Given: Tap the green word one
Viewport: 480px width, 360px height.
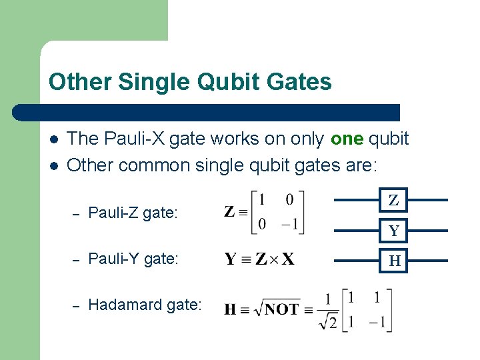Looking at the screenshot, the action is pyautogui.click(x=346, y=139).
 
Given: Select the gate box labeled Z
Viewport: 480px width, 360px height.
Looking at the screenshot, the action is pyautogui.click(x=394, y=200).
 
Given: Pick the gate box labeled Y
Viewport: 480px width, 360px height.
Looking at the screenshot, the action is pyautogui.click(x=394, y=231).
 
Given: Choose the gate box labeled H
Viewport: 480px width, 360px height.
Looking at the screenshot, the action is pyautogui.click(x=394, y=261).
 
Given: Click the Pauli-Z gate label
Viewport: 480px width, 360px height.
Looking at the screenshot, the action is pyautogui.click(x=133, y=213).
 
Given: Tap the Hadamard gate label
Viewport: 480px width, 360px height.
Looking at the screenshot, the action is pyautogui.click(x=145, y=305).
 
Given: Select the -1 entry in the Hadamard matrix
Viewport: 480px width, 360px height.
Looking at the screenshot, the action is pyautogui.click(x=379, y=323).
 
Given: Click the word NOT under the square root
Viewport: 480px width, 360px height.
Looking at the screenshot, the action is pyautogui.click(x=281, y=309).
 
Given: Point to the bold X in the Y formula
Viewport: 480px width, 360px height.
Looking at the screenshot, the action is pyautogui.click(x=287, y=259).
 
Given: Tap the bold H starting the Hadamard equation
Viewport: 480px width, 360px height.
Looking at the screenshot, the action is pyautogui.click(x=230, y=309).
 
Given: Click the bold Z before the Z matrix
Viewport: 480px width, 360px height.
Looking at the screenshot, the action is pyautogui.click(x=229, y=213).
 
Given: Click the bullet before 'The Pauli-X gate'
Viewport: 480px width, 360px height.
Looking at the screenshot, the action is pyautogui.click(x=53, y=139).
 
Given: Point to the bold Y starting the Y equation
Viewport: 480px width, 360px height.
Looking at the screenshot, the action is pyautogui.click(x=231, y=259).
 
